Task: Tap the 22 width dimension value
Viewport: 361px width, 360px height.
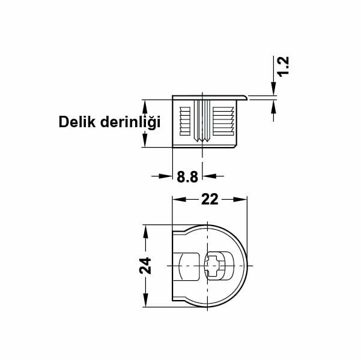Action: point(210,200)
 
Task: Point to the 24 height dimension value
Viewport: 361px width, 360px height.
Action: point(145,266)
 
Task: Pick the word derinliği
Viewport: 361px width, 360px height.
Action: point(130,123)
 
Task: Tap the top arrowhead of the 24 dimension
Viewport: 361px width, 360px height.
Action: point(145,229)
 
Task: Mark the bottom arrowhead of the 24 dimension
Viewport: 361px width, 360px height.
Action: point(145,302)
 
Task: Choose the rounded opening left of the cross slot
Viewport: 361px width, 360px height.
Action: point(188,266)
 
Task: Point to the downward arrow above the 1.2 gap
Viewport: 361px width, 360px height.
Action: point(275,91)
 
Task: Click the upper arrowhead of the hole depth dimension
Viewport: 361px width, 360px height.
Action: point(145,103)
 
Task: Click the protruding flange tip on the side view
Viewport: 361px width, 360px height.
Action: point(246,96)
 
